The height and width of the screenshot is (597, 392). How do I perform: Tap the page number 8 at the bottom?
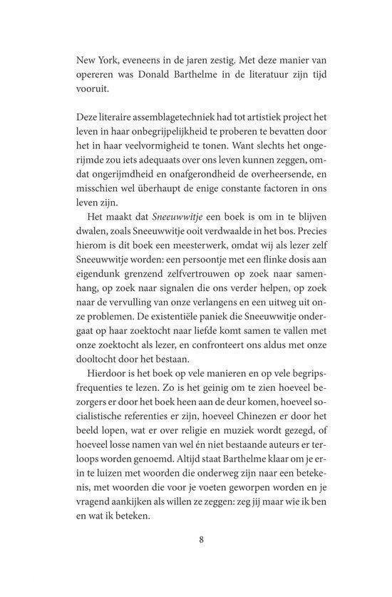click(202, 558)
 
